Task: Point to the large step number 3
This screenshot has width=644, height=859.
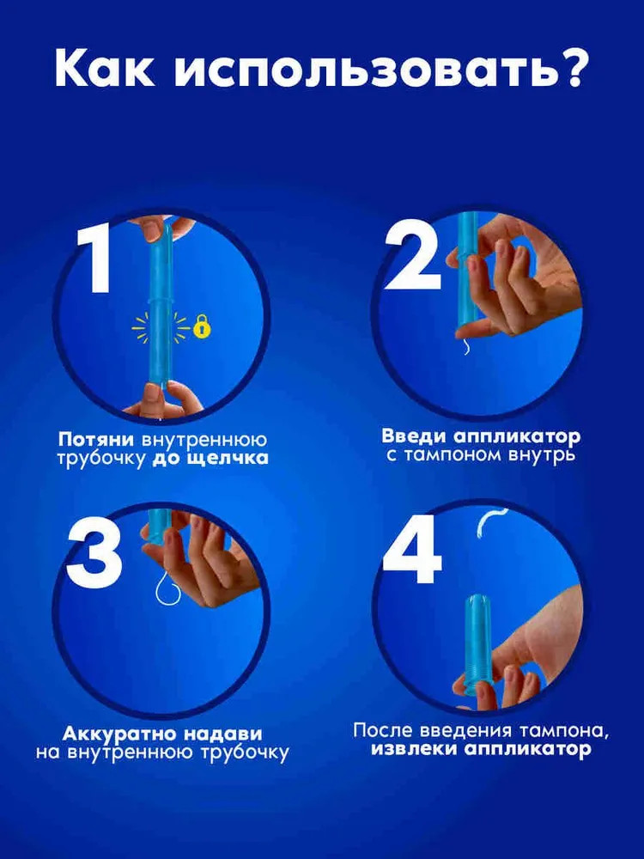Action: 94,554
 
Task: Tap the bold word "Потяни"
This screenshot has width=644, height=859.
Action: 96,439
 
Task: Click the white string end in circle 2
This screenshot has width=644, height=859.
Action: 465,346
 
